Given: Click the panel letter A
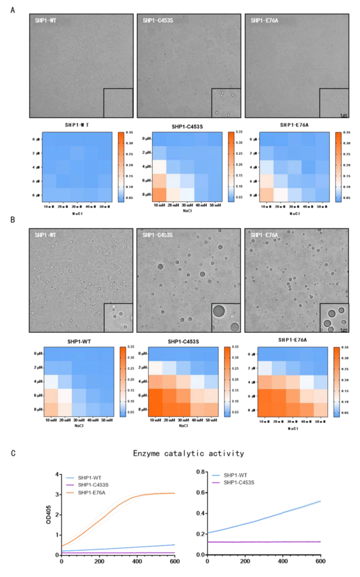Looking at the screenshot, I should [x=13, y=10].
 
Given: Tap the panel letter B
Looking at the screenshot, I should [x=13, y=219].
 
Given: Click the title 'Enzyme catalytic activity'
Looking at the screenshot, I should [x=188, y=453].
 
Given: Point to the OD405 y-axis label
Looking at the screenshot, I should [x=49, y=514].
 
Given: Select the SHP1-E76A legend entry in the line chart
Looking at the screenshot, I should [x=91, y=492].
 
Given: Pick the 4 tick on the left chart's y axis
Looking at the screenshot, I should [x=57, y=474].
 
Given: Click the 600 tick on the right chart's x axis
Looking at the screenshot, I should [x=320, y=561].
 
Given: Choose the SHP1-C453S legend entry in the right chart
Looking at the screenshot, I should [x=239, y=482].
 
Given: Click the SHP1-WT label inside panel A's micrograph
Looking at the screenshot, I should [x=45, y=21].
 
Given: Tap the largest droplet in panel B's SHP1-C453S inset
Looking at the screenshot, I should [x=219, y=310].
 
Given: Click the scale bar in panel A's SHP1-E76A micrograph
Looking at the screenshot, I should [x=344, y=116].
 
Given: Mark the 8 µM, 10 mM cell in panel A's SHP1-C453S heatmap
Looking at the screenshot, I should [x=159, y=194].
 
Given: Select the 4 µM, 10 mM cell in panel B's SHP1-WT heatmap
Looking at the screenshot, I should [x=51, y=381].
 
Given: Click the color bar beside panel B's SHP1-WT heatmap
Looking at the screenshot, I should [x=123, y=382].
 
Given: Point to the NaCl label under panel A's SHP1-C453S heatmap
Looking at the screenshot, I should [x=187, y=211].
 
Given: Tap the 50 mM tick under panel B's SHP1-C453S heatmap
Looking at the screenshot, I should [x=211, y=420].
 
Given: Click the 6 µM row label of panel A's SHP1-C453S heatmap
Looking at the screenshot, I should [x=146, y=180].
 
